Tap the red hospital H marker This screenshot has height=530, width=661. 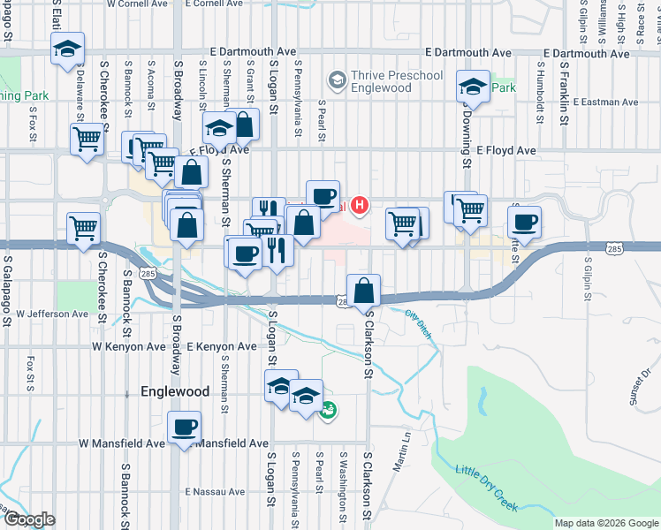point(360,207)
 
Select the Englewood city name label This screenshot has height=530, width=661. point(175,390)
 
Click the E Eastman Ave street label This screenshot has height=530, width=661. point(605,102)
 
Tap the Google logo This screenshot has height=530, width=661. point(28,519)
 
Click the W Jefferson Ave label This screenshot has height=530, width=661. point(52,314)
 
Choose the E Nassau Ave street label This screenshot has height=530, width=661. point(215,491)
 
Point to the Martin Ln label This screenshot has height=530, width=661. point(403,439)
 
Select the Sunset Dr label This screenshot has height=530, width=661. point(640,386)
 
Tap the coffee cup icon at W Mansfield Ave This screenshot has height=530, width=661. point(184,428)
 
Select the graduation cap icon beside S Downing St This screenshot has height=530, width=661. point(473,87)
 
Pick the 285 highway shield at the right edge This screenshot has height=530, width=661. point(614,250)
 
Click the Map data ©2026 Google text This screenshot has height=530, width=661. point(606,523)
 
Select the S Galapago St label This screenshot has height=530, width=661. point(7,291)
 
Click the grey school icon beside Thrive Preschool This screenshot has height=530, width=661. point(337,81)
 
